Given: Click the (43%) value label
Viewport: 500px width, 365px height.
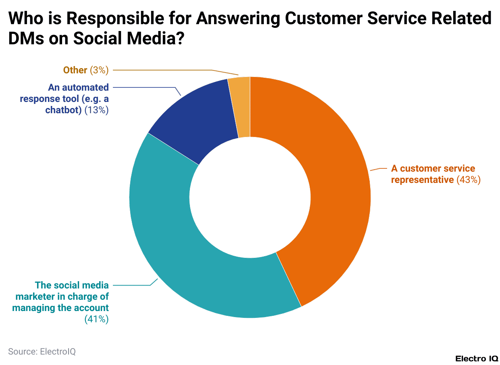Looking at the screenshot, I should (469, 180).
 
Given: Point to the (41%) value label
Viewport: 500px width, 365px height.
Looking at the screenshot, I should (96, 319).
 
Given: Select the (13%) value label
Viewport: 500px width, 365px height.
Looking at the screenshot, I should (96, 110).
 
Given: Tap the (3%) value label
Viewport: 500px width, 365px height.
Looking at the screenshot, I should (99, 70).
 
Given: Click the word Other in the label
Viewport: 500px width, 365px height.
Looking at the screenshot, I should (75, 70).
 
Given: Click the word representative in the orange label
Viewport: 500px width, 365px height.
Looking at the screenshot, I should (422, 180).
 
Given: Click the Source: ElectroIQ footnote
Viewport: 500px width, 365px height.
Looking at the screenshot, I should (42, 351).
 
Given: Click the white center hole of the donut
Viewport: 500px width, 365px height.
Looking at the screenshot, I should (250, 197).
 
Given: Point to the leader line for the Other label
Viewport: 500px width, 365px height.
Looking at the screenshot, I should (161, 70).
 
